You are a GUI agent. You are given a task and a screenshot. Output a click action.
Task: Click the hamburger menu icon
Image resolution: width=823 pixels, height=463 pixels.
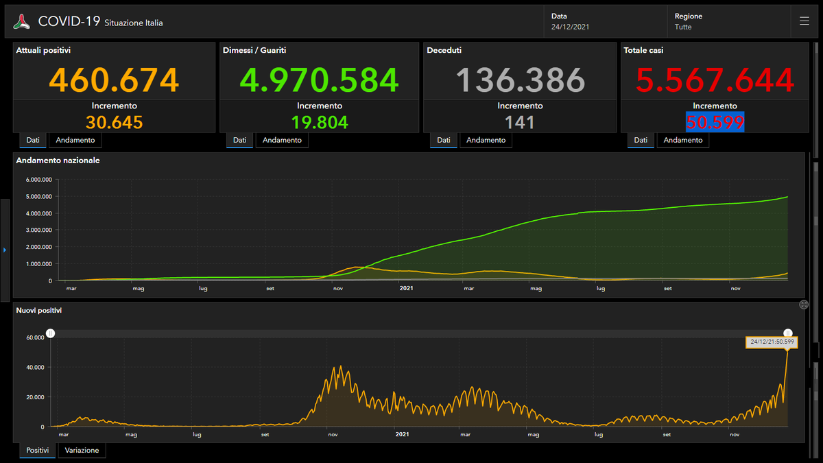click(804, 21)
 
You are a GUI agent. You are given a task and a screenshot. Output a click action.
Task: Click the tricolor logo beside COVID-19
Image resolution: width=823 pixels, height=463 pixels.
click(22, 21)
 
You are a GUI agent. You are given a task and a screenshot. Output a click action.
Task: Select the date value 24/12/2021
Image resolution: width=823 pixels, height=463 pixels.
click(570, 27)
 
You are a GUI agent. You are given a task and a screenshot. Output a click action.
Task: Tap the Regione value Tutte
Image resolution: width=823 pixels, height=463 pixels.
click(683, 27)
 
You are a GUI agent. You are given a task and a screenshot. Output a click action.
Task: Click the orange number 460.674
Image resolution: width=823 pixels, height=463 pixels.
click(114, 80)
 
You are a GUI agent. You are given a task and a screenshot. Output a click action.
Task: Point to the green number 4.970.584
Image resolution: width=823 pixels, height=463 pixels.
click(319, 80)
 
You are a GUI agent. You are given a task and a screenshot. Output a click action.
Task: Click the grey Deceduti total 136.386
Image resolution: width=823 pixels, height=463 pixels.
click(520, 80)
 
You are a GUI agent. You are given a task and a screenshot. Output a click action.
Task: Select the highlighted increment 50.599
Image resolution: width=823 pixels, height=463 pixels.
click(715, 122)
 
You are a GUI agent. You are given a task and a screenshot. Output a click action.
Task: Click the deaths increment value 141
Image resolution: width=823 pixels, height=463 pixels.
click(520, 122)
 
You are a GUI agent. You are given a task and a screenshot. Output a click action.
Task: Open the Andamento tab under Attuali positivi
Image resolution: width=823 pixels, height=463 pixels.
click(75, 140)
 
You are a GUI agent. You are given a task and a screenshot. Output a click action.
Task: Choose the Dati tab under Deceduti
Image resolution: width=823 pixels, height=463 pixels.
click(444, 140)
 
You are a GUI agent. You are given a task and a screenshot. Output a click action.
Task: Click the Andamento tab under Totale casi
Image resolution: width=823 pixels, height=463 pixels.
click(683, 140)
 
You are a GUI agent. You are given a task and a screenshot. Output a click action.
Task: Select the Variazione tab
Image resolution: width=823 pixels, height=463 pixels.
click(82, 450)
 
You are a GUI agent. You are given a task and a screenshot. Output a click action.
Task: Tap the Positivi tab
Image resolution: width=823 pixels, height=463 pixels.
click(38, 450)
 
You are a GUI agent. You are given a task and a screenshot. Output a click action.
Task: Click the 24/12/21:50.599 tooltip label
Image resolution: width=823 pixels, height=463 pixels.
click(772, 342)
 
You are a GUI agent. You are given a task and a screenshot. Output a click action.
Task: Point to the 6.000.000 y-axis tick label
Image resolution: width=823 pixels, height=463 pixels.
click(38, 180)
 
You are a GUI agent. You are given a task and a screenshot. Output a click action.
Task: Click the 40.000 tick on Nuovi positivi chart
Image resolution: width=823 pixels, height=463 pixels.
click(35, 367)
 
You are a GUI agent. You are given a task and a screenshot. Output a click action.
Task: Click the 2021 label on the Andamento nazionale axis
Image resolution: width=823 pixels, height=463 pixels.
click(406, 288)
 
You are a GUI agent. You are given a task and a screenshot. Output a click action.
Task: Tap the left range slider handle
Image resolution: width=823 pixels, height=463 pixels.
click(50, 333)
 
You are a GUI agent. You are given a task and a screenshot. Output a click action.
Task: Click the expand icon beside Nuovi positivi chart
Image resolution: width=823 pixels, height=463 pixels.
click(804, 305)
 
